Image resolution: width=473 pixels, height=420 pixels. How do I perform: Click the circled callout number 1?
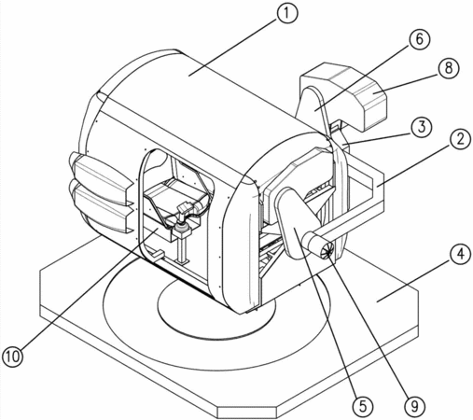click(287, 14)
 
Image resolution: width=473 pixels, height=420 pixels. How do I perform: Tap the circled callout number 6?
click(419, 40)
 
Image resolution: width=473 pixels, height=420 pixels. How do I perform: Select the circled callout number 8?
click(448, 68)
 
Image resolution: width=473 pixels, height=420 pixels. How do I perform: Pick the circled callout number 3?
click(421, 128)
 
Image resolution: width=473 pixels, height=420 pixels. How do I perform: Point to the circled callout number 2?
click(460, 138)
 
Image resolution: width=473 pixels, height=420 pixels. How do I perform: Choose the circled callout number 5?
click(363, 406)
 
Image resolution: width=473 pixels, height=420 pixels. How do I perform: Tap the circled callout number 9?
click(414, 406)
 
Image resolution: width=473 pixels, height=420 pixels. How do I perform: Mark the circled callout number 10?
click(13, 357)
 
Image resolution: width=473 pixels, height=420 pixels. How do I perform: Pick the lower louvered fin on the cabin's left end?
click(103, 207)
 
